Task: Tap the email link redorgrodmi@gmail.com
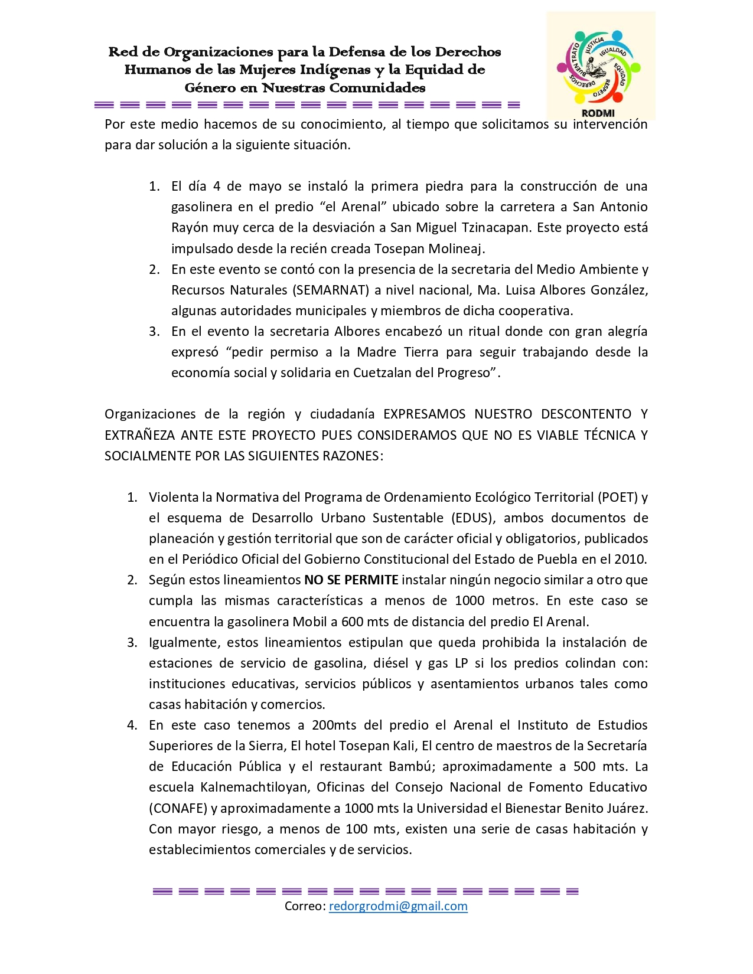[x=398, y=906]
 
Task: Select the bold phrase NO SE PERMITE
[x=351, y=580]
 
